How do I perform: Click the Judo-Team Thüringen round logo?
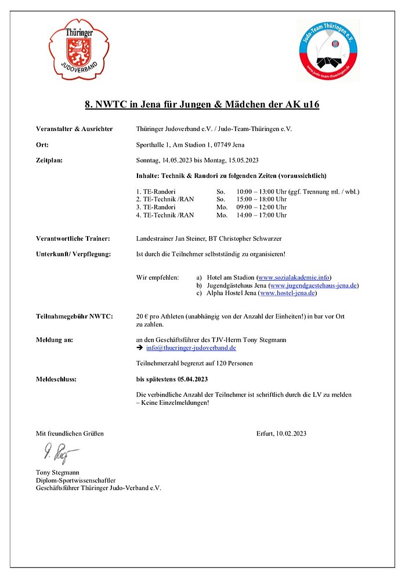click(x=328, y=50)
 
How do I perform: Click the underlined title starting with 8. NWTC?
click(x=202, y=104)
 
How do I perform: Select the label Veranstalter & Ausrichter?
click(x=74, y=129)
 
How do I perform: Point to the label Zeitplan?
click(x=49, y=160)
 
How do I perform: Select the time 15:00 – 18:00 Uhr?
click(x=261, y=200)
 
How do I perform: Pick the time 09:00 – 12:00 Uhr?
click(x=261, y=207)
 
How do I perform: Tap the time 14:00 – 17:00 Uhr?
click(x=261, y=215)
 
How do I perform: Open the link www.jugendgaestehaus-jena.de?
click(x=314, y=285)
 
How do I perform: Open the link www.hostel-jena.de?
click(x=288, y=293)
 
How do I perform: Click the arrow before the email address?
click(x=139, y=348)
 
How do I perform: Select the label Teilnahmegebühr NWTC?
click(x=74, y=316)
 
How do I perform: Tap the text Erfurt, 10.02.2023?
click(x=281, y=433)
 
